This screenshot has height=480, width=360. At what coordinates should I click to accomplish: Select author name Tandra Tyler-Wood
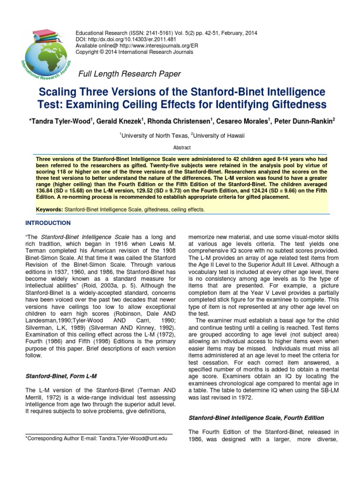point(60,121)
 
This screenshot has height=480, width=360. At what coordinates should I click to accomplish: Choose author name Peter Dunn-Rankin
point(307,121)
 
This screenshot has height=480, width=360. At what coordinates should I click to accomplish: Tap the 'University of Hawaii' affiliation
point(218,135)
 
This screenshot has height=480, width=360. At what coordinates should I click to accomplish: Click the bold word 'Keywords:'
point(50,210)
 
